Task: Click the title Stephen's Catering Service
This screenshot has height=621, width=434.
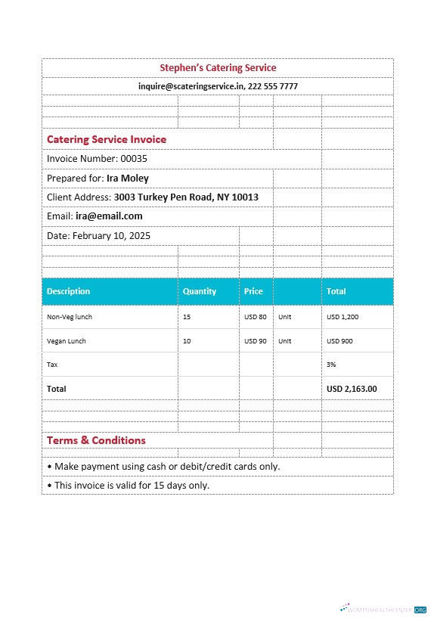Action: coord(218,68)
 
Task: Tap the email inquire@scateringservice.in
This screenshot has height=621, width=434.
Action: coord(191,86)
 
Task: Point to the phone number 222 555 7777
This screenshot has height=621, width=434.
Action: coord(273,86)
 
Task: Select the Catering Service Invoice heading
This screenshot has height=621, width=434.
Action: coord(107,139)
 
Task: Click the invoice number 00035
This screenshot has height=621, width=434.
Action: coord(134,159)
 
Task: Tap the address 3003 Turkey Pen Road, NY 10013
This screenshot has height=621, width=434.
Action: coord(186,197)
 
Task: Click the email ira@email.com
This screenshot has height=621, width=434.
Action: coord(109,216)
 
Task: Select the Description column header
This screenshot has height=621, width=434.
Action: coord(68,291)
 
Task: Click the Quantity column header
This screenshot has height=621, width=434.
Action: coord(200,291)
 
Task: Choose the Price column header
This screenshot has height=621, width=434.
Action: coord(253,291)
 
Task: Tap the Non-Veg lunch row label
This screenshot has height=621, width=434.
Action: coord(70,317)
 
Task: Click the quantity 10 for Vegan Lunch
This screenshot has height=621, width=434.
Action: coord(187,341)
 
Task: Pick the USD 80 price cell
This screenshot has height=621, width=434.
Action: coord(256,317)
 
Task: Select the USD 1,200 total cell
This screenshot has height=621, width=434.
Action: coord(343,317)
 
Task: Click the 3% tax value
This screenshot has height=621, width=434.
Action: coord(331,365)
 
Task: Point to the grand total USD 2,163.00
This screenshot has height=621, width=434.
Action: coord(352,389)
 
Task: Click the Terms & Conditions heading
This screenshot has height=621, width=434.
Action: coord(96,440)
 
